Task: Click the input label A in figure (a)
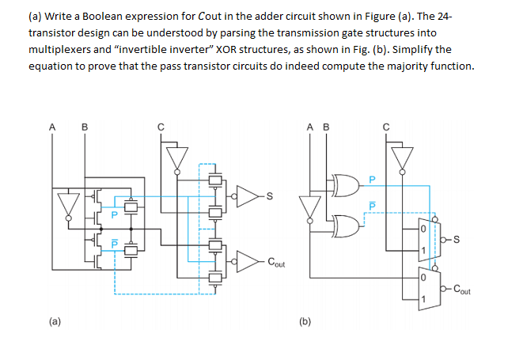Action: (52, 125)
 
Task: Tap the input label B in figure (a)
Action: (85, 125)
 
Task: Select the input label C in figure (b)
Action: (386, 125)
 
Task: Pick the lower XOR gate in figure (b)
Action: (346, 225)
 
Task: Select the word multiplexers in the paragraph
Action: (60, 49)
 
